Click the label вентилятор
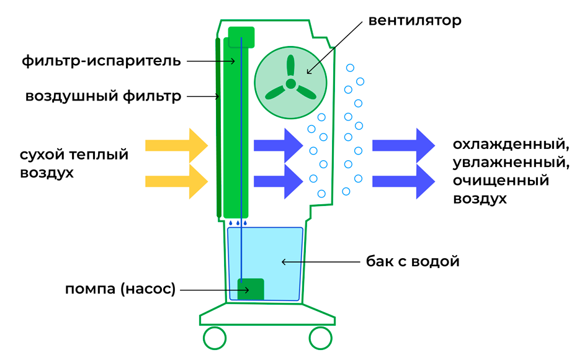(414, 20)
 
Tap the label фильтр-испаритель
(101, 60)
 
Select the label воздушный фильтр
(103, 96)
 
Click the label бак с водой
(413, 261)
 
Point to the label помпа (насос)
(120, 289)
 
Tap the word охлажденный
(511, 145)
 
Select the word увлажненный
(511, 163)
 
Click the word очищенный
(501, 181)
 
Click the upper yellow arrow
(176, 145)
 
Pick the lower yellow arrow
(176, 181)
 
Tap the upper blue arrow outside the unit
(403, 145)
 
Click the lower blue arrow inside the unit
(279, 181)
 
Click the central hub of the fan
(290, 84)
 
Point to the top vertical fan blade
(290, 66)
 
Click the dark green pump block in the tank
(251, 289)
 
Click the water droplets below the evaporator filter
(238, 223)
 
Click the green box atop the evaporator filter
(241, 37)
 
